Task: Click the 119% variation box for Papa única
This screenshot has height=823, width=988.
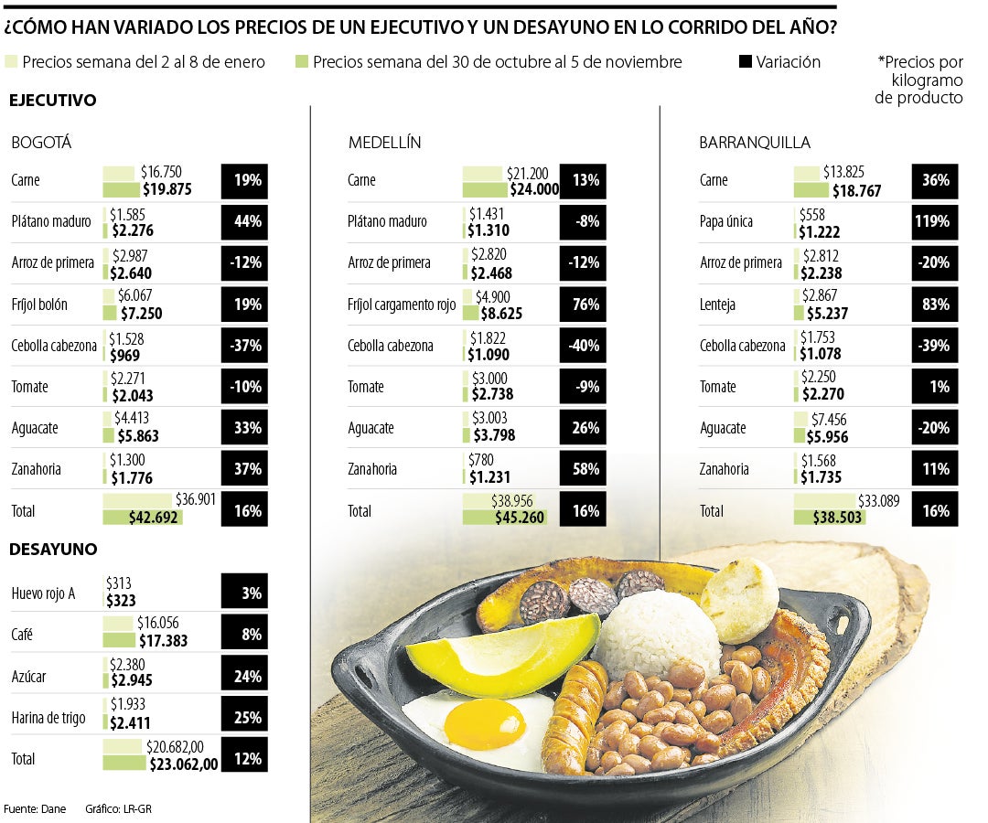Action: coord(934,221)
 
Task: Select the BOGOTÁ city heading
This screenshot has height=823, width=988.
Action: coord(41,143)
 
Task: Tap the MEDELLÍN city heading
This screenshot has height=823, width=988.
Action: coord(384,143)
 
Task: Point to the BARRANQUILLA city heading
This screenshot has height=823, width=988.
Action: coord(755,143)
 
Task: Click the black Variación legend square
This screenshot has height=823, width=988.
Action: coord(746,61)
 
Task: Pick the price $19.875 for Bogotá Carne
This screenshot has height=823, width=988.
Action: coord(167,189)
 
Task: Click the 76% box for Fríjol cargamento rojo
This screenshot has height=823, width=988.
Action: coord(583,305)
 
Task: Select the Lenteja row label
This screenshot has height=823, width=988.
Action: coord(718,305)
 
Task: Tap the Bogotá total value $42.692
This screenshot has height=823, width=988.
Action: coord(153,518)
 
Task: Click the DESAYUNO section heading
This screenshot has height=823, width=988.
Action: coord(53,549)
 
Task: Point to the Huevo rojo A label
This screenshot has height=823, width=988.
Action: coord(43,593)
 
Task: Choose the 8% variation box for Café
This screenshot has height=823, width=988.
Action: coord(244,634)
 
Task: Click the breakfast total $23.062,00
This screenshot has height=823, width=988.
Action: coord(184,764)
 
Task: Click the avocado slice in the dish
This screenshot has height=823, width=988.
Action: coord(502,652)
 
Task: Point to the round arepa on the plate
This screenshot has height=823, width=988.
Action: coord(740,600)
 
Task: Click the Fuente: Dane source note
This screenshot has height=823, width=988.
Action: coord(35,809)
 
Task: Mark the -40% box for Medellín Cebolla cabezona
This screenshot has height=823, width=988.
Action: coord(583,346)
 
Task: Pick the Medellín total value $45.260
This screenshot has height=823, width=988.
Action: coord(520,518)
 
